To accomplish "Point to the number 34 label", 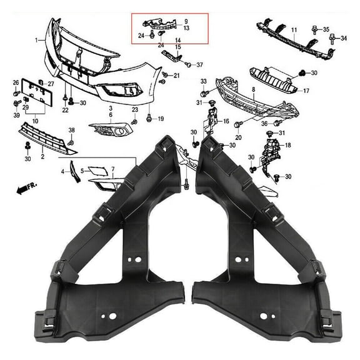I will point(343,38).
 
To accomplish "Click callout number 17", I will point(306,91).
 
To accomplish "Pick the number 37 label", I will point(200,65).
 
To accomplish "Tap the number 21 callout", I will point(176,76).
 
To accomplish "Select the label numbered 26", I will point(16,82).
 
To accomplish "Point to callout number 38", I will point(71,130).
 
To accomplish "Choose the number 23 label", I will point(134,110).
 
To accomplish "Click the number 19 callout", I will point(161,118).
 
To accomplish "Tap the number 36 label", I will point(264,124).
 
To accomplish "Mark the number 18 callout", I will point(288,145).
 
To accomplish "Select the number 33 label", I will point(204,82).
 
